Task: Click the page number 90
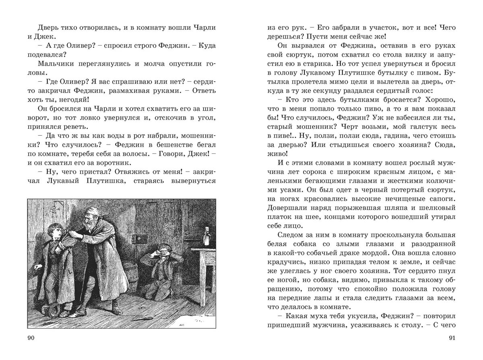coord(31,338)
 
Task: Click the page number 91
coord(451,338)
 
